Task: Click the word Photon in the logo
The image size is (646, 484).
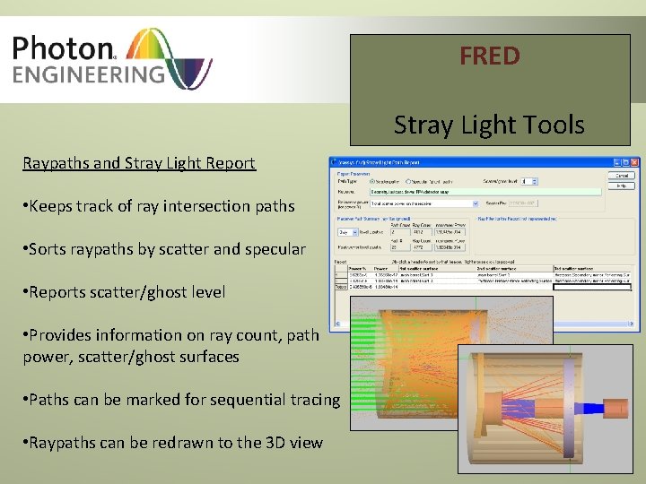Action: coord(64,48)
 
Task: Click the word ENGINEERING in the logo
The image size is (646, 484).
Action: coord(88,73)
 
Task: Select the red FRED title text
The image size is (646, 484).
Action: coord(489,56)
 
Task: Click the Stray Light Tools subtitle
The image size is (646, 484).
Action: coord(489,125)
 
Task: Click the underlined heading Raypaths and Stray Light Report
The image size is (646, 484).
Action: coord(139,163)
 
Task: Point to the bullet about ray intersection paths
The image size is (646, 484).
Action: coord(161,206)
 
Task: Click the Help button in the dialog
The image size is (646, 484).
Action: coord(622,186)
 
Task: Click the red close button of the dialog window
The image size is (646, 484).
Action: coord(633,163)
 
